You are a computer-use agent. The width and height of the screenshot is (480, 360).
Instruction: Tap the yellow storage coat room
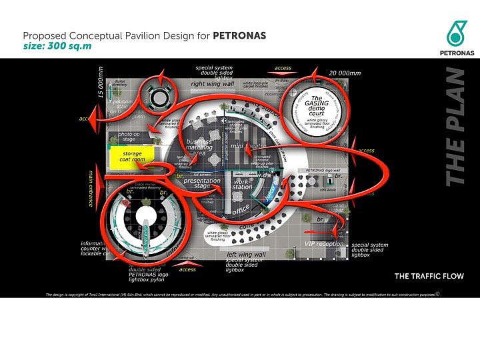tap(132, 157)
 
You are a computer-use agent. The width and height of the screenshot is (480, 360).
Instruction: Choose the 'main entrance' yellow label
tap(91, 189)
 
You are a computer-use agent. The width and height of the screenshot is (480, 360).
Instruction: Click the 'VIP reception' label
tap(324, 244)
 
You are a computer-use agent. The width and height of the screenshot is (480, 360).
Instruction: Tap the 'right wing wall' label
tap(212, 84)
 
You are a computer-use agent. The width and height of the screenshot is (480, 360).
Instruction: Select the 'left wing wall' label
tap(246, 255)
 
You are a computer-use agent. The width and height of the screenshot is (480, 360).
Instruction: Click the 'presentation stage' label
tap(201, 183)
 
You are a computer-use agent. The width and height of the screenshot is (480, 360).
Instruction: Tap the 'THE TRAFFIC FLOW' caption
tap(429, 276)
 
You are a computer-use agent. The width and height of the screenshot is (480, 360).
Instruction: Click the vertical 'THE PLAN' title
tap(456, 127)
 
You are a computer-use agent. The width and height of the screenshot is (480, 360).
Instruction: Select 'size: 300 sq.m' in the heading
tap(57, 47)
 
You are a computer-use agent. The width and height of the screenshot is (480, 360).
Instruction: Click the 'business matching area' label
tap(199, 147)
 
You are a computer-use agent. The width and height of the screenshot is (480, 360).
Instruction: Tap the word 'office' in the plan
tap(241, 211)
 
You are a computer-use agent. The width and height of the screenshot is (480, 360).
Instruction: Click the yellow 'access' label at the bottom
tap(187, 269)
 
